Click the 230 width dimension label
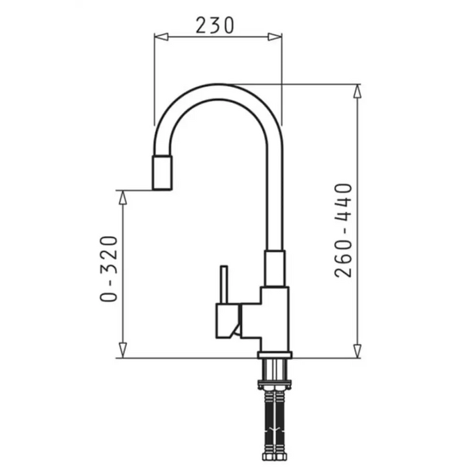(215, 25)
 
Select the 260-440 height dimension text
(343, 231)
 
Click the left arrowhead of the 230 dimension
(161, 37)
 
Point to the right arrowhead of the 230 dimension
(275, 37)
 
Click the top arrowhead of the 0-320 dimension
(122, 198)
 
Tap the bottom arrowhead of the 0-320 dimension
(122, 350)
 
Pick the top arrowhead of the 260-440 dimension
(357, 92)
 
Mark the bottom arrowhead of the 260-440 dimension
(357, 351)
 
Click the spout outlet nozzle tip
(162, 172)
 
